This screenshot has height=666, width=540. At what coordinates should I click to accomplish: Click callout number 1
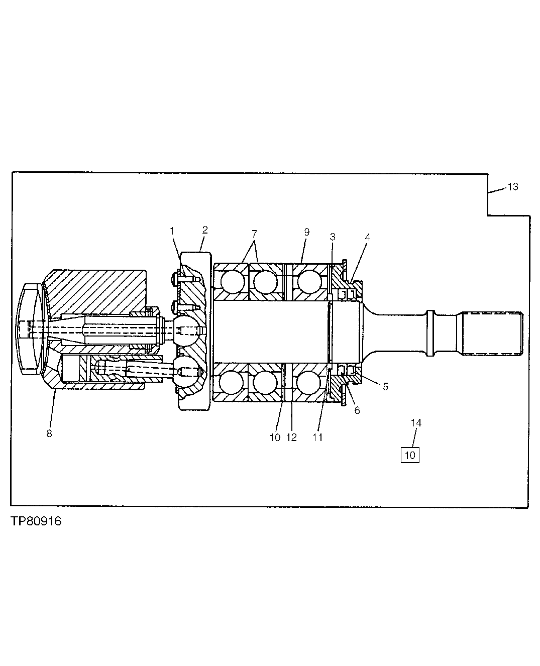tap(172, 231)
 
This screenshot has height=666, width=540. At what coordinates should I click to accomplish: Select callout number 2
tap(204, 230)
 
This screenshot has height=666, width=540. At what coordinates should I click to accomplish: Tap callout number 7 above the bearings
tap(254, 234)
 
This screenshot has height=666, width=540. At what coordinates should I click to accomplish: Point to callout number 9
tap(306, 232)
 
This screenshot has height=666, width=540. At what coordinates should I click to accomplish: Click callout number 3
tap(332, 237)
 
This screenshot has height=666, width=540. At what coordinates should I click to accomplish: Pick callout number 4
tap(368, 237)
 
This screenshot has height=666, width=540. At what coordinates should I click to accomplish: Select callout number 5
tap(385, 387)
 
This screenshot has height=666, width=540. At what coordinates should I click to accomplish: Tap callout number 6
tap(357, 410)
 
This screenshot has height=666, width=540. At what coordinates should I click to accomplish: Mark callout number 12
tap(291, 437)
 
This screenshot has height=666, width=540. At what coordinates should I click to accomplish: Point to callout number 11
tap(317, 437)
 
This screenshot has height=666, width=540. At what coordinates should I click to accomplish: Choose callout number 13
tap(512, 187)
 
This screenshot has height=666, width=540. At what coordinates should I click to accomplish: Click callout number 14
tap(416, 423)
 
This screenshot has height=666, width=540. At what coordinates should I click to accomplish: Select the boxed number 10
tap(410, 456)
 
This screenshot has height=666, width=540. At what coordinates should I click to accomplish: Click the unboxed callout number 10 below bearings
tap(275, 437)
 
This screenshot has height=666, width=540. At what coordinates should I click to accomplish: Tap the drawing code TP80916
tap(35, 521)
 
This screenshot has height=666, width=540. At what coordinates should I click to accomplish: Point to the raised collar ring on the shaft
tap(429, 332)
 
